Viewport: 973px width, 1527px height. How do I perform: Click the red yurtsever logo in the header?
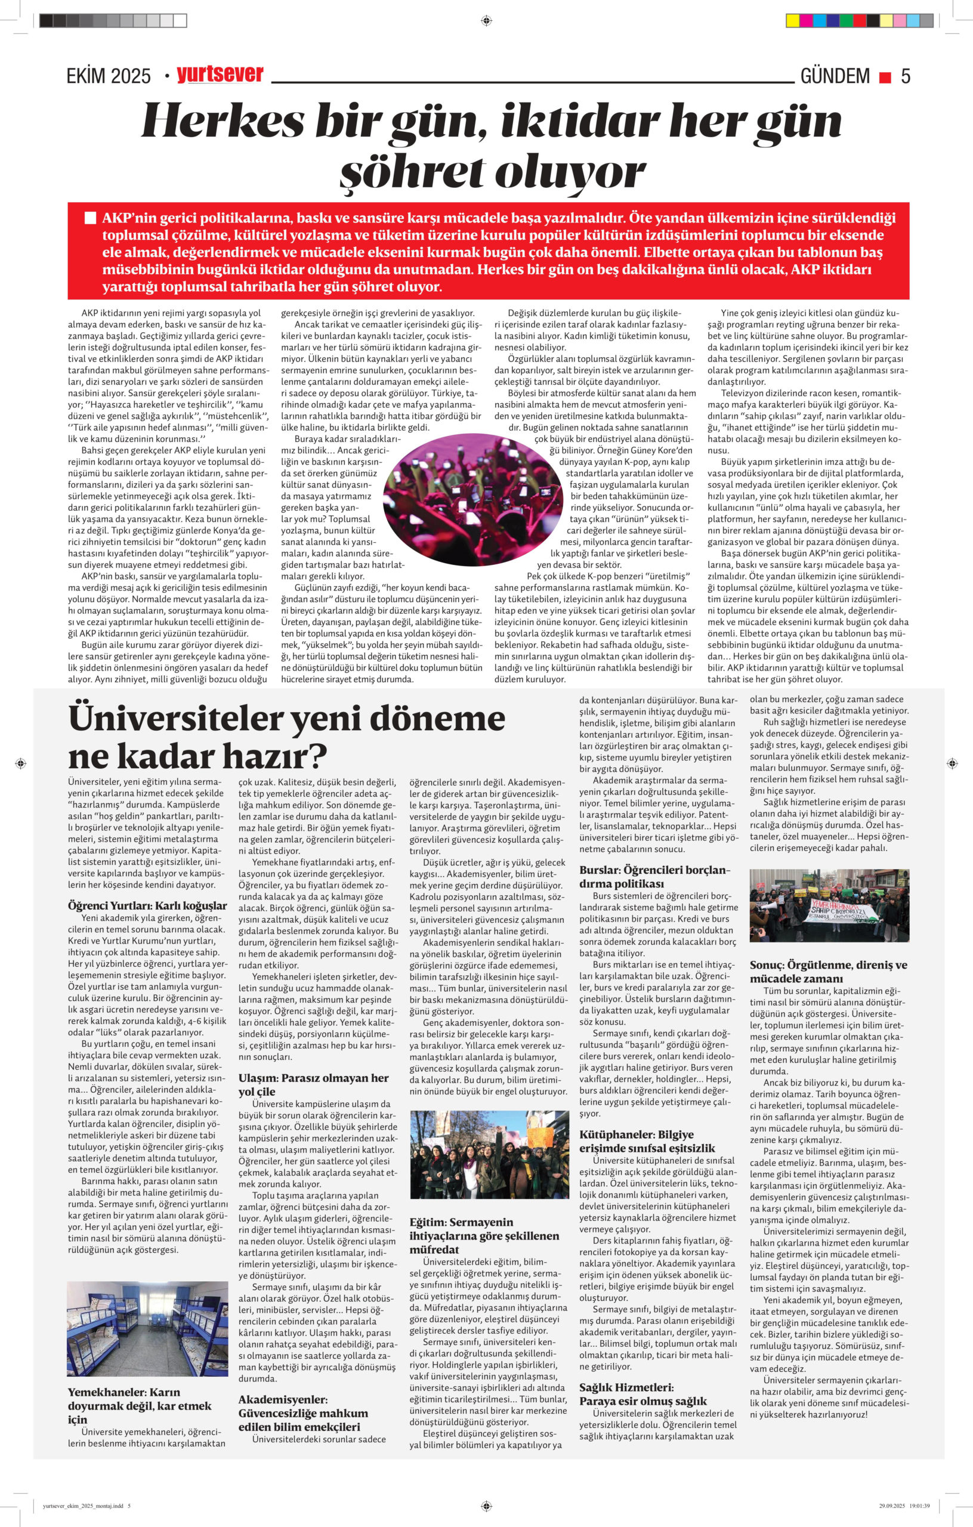tap(220, 75)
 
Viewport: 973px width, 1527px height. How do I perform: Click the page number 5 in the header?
tap(905, 76)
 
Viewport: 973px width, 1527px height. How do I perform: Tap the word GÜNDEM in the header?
tap(835, 76)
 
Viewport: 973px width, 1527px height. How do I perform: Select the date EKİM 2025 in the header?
tap(109, 77)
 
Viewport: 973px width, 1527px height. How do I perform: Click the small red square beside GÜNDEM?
tap(884, 78)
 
